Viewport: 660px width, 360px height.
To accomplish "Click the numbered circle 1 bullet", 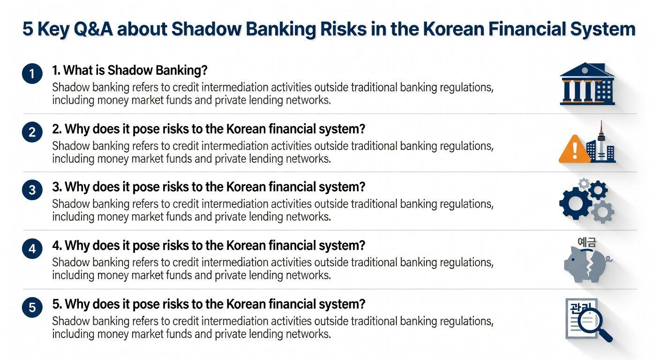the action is click(x=32, y=74).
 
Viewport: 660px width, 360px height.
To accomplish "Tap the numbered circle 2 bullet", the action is click(x=32, y=132).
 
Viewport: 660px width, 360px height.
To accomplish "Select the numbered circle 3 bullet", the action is click(x=32, y=190).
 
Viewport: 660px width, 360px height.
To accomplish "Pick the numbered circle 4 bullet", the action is click(x=32, y=248).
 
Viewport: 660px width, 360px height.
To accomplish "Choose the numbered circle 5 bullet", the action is click(x=32, y=307).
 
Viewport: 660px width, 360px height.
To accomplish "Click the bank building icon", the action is click(x=587, y=84).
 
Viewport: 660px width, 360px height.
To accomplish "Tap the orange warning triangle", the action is click(x=574, y=150).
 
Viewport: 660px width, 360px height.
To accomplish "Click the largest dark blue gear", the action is click(x=576, y=203).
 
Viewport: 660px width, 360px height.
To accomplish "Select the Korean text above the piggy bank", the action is click(x=586, y=242).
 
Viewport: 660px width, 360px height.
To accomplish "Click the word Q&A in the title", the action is click(x=93, y=29).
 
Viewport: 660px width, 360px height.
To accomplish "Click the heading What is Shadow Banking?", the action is click(x=130, y=70).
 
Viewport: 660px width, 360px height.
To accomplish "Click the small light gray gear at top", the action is click(x=584, y=184).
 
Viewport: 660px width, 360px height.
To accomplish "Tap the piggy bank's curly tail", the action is click(x=608, y=260).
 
